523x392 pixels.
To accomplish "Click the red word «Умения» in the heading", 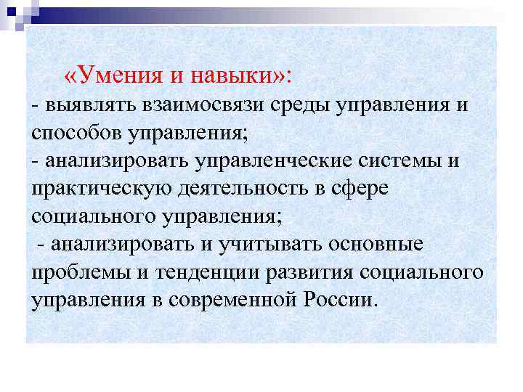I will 115,75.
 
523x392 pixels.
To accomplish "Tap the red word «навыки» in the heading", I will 232,75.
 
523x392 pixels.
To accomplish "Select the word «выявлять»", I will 84,105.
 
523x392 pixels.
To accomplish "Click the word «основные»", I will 380,243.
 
